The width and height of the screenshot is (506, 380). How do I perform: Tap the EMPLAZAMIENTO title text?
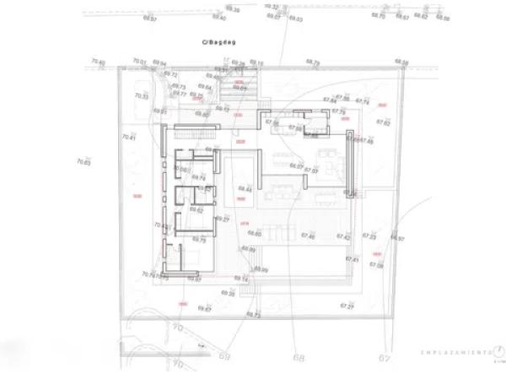pyautogui.click(x=457, y=352)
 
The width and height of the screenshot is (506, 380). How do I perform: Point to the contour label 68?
pyautogui.click(x=299, y=357)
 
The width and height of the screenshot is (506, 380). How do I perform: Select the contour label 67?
pyautogui.click(x=385, y=357)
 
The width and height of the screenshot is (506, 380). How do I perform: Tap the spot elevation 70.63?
pyautogui.click(x=83, y=161)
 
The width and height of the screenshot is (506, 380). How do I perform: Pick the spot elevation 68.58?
pyautogui.click(x=401, y=62)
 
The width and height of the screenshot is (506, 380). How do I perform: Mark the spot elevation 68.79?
pyautogui.click(x=313, y=62)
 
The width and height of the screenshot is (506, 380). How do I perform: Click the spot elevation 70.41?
pyautogui.click(x=128, y=137)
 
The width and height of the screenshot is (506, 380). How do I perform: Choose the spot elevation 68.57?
pyautogui.click(x=149, y=19)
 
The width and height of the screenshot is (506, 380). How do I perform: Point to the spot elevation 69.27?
pyautogui.click(x=223, y=219)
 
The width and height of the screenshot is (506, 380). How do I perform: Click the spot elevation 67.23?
pyautogui.click(x=369, y=236)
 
